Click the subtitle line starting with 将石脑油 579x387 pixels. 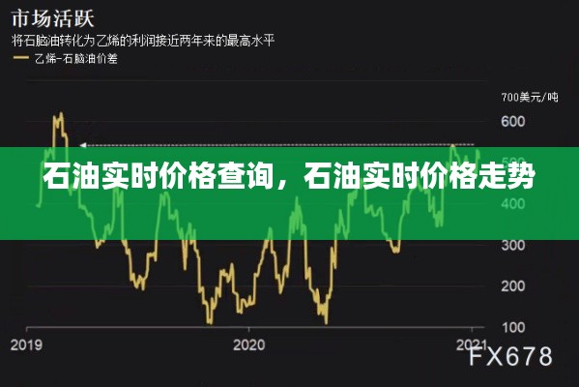[146, 41]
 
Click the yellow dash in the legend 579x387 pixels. [19, 59]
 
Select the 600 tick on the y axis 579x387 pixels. [513, 123]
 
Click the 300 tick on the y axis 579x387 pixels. [513, 245]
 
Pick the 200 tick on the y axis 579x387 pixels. [513, 285]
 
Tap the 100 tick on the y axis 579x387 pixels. [513, 326]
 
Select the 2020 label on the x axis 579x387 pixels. [248, 343]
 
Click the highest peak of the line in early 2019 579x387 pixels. [57, 114]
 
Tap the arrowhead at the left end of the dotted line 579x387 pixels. [80, 144]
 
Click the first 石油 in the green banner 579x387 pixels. [68, 180]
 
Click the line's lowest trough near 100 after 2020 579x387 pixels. [327, 321]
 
